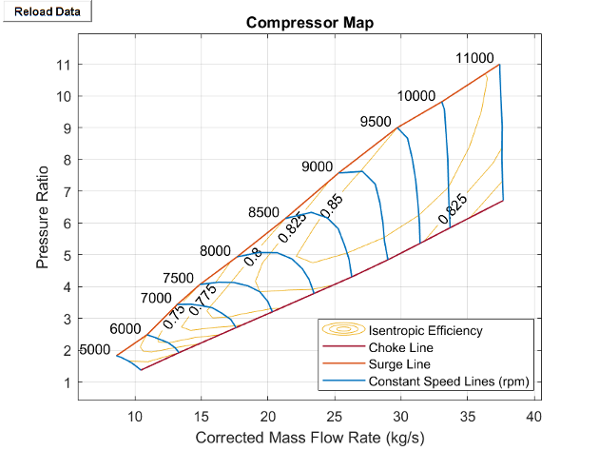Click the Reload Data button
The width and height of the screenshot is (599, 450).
tap(47, 10)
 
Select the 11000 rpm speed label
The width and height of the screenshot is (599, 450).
tap(474, 58)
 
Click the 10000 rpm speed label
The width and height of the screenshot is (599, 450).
tap(416, 96)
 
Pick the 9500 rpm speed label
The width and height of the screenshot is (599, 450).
tap(376, 121)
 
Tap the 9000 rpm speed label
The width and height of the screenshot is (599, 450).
tap(317, 166)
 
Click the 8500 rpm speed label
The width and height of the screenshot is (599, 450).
tap(263, 212)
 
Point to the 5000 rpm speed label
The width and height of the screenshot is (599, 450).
tap(94, 350)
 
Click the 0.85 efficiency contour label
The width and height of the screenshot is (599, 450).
tap(331, 206)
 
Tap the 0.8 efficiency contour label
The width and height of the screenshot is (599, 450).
tap(253, 257)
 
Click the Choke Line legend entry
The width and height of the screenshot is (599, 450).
tap(399, 348)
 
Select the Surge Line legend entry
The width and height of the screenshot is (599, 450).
tap(399, 364)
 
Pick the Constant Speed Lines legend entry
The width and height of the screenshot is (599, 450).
tap(448, 382)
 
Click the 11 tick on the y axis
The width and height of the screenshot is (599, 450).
tap(65, 65)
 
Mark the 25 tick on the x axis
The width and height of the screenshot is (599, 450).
tap(335, 416)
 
